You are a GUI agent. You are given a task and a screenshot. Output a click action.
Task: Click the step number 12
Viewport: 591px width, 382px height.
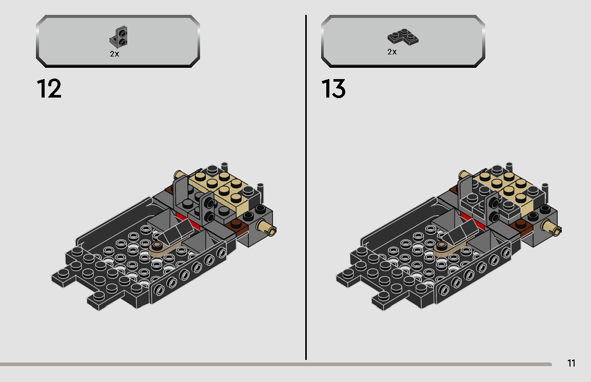click(49, 89)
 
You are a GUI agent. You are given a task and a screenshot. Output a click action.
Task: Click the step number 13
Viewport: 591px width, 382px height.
click(333, 89)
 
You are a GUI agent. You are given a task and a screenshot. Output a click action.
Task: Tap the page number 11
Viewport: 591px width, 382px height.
click(572, 363)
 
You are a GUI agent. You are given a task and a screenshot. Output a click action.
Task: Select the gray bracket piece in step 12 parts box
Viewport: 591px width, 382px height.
click(119, 37)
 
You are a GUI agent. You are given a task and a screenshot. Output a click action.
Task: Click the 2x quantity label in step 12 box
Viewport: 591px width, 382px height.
click(114, 54)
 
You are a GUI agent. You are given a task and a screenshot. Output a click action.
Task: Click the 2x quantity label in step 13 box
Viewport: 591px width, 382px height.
click(392, 52)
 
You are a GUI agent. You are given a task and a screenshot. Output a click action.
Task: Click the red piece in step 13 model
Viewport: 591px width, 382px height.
click(474, 221)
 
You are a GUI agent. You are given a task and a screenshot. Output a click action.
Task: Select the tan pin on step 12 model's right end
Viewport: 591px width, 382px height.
click(266, 227)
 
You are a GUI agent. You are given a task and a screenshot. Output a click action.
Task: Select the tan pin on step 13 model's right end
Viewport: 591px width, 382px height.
click(551, 227)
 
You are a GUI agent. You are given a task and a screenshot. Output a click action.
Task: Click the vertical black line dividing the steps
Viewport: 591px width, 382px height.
click(306, 187)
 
